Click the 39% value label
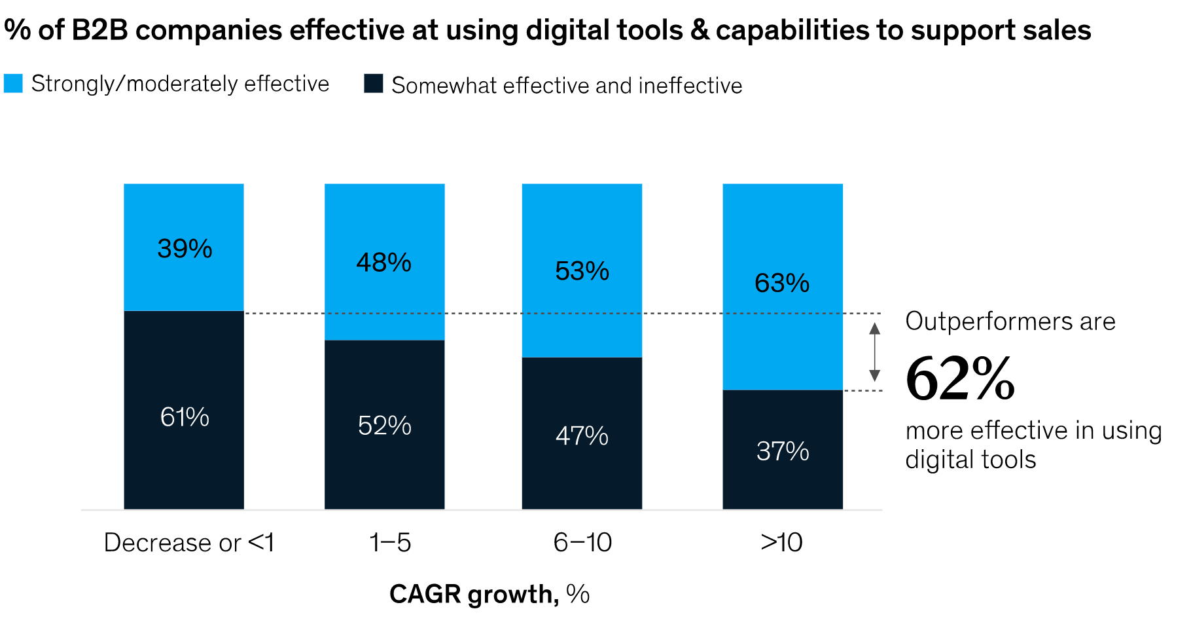(185, 249)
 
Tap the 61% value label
(185, 417)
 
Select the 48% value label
(384, 263)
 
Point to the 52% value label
(384, 426)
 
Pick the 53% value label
(582, 271)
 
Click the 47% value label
(582, 436)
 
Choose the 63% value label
(782, 283)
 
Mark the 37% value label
(783, 451)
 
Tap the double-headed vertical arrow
(874, 352)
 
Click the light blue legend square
(13, 84)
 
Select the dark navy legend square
(374, 84)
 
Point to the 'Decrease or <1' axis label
(188, 543)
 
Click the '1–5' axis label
(390, 543)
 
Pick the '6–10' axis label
(582, 543)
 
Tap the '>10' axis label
(781, 543)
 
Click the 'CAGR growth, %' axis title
(489, 595)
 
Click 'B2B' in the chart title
(99, 30)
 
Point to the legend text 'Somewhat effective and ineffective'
(567, 86)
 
